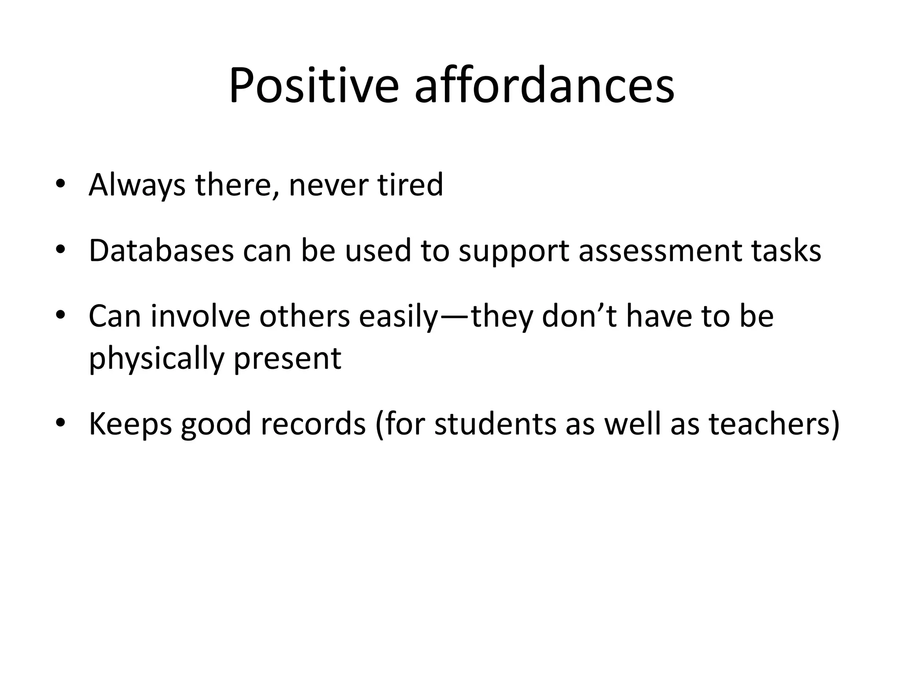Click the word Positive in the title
click(x=313, y=86)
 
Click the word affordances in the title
click(x=544, y=86)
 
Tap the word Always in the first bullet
click(x=137, y=185)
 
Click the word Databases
click(x=161, y=250)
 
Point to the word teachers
click(x=769, y=424)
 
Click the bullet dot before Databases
click(x=60, y=250)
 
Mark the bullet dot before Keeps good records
click(x=60, y=424)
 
